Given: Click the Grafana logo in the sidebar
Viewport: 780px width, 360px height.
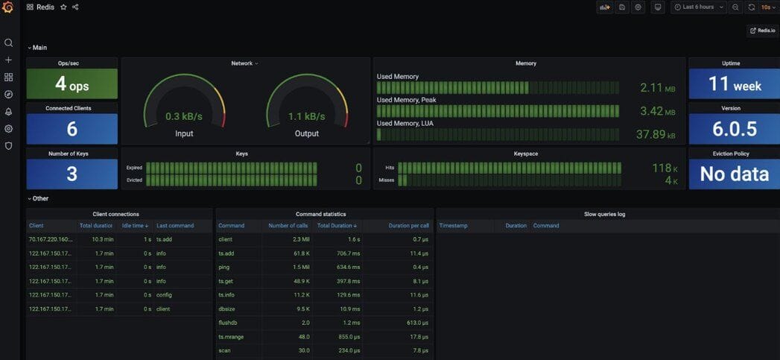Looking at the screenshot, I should click(8, 7).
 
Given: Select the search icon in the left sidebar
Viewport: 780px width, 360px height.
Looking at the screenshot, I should click(8, 42).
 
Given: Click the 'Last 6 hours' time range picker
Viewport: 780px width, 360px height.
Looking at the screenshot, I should click(697, 7).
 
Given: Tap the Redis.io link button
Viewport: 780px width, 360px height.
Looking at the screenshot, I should click(762, 31).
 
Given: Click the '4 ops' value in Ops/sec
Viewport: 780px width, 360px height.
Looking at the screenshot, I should click(72, 85).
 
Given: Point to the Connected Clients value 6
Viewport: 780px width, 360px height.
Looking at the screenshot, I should click(72, 129).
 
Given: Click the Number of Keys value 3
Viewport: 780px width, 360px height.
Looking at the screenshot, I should click(72, 174).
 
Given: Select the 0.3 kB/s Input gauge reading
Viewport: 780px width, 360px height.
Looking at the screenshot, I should click(184, 116).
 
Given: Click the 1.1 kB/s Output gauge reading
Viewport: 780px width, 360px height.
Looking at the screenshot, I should click(306, 116).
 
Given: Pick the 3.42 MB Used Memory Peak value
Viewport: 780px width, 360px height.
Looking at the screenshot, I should click(657, 111).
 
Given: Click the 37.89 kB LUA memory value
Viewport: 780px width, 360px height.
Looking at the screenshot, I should click(656, 134).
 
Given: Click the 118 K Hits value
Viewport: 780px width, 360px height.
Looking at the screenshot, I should click(662, 168).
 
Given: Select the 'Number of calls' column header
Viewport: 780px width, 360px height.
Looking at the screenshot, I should click(288, 225).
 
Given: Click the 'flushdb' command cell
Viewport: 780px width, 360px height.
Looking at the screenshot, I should click(227, 323).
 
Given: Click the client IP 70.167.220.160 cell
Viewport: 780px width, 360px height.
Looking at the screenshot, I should click(51, 239).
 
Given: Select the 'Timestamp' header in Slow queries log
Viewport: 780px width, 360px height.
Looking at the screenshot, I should click(454, 225).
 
